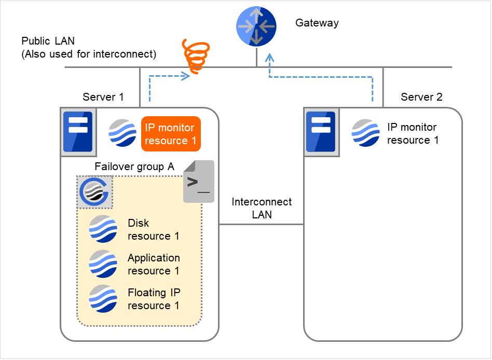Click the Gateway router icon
click(256, 26)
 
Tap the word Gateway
click(317, 23)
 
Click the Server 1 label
click(103, 97)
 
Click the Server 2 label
click(421, 97)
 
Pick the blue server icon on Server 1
click(77, 132)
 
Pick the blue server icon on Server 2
click(320, 132)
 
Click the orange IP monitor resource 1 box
click(170, 134)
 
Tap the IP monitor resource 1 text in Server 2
click(413, 133)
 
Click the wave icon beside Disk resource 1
click(103, 229)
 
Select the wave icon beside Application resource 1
click(103, 264)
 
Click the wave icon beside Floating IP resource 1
click(103, 298)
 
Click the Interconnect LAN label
click(262, 207)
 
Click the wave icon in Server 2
click(366, 133)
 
